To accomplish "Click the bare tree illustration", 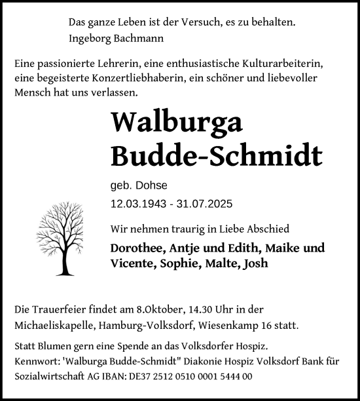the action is pyautogui.click(x=63, y=239).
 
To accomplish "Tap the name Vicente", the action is pyautogui.click(x=133, y=264).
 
